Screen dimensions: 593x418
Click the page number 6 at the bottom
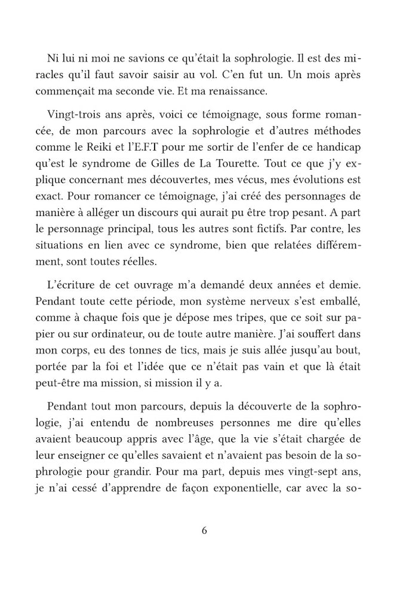[x=204, y=530]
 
